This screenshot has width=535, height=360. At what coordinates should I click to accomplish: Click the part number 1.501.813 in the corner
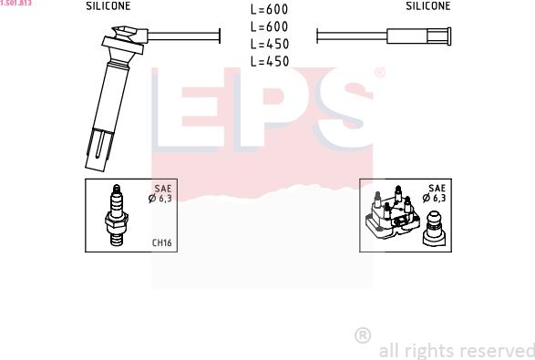pyautogui.click(x=15, y=3)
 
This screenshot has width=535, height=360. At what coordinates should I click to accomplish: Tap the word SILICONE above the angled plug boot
pyautogui.click(x=108, y=6)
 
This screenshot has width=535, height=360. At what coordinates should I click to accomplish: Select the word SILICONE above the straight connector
pyautogui.click(x=427, y=5)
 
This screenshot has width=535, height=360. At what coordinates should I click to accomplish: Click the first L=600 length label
pyautogui.click(x=269, y=9)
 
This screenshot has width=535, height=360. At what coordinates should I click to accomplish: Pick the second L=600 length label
pyautogui.click(x=269, y=26)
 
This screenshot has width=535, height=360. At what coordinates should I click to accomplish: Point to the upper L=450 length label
pyautogui.click(x=270, y=44)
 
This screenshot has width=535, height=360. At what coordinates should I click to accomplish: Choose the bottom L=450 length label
pyautogui.click(x=270, y=61)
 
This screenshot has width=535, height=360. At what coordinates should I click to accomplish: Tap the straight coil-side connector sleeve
pyautogui.click(x=418, y=36)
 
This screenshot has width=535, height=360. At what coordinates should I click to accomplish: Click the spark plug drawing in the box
pyautogui.click(x=117, y=215)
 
